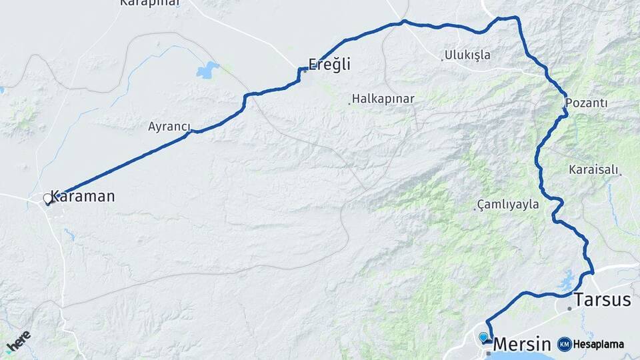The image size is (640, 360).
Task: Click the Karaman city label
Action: [83, 197]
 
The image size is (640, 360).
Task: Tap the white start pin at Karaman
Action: [47, 199]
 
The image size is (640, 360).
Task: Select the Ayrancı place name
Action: [169, 127]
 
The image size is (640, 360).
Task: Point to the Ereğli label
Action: [329, 65]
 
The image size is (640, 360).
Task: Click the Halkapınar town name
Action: [383, 99]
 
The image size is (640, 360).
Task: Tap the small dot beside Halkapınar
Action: [349, 103]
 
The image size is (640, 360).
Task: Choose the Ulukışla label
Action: [468, 55]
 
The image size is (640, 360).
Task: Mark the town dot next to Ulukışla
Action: [442, 59]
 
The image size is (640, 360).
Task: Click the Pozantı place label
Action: [586, 103]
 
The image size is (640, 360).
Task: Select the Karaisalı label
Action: [593, 169]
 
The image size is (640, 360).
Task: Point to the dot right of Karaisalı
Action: [621, 174]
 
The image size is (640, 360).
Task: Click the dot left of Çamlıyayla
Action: [477, 209]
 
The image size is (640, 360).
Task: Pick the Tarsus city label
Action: [602, 300]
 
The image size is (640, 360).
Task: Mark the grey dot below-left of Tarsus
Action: [569, 309]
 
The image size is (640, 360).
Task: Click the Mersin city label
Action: [522, 344]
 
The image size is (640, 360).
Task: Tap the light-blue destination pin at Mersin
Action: [483, 337]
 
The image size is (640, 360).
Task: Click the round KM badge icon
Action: [564, 344]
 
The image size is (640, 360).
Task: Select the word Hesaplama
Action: [598, 344]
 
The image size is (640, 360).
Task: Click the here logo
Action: [19, 341]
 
